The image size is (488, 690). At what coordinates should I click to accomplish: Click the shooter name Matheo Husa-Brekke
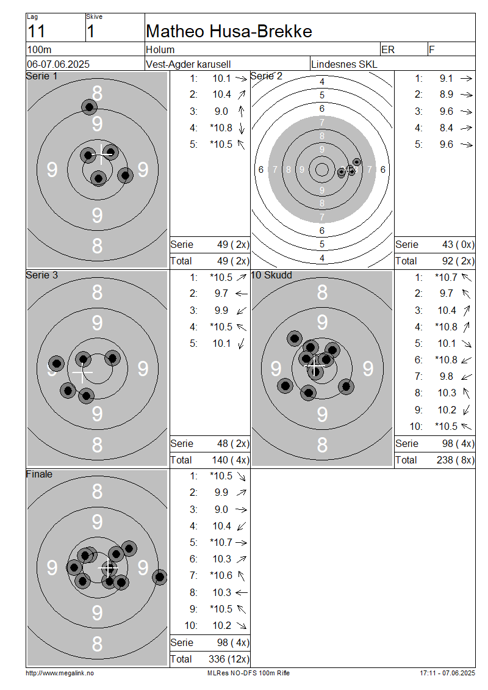pyautogui.click(x=229, y=31)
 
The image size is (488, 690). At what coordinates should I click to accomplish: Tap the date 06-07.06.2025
pyautogui.click(x=58, y=64)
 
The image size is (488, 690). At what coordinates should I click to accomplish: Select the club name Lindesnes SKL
pyautogui.click(x=344, y=64)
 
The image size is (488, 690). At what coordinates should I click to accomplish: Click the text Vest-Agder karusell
pyautogui.click(x=188, y=64)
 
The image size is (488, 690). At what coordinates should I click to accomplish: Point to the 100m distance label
pyautogui.click(x=39, y=49)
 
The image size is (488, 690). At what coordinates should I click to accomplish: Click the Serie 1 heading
pyautogui.click(x=41, y=76)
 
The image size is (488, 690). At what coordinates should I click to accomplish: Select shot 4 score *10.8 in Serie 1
pyautogui.click(x=221, y=128)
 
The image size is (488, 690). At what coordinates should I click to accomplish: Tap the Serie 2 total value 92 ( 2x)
pyautogui.click(x=458, y=261)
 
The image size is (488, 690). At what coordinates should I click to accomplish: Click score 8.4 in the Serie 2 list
pyautogui.click(x=447, y=128)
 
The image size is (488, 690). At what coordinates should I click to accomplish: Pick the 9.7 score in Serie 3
pyautogui.click(x=221, y=293)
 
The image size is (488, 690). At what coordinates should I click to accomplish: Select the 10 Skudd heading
pyautogui.click(x=271, y=275)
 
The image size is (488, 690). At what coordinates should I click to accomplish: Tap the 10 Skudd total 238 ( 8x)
pyautogui.click(x=456, y=460)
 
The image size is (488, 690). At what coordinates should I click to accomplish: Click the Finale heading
pyautogui.click(x=39, y=474)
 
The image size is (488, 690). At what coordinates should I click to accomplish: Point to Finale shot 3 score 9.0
pyautogui.click(x=221, y=509)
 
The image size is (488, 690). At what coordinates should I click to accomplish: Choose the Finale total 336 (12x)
pyautogui.click(x=229, y=659)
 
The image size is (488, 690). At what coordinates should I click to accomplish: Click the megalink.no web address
pyautogui.click(x=60, y=673)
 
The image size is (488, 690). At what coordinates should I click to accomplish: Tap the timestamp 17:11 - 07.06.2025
pyautogui.click(x=447, y=673)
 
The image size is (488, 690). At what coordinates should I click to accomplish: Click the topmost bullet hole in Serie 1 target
pyautogui.click(x=89, y=107)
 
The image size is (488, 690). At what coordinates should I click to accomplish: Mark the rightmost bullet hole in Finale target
pyautogui.click(x=160, y=576)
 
